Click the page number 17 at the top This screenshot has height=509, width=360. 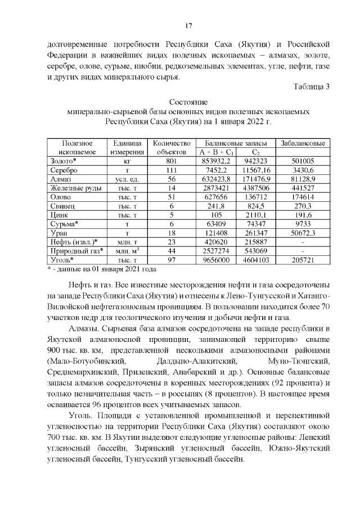[189, 25]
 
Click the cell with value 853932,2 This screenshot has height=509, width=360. [217, 161]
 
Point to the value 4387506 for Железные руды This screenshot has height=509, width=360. [256, 187]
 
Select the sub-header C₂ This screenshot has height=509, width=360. [256, 152]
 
